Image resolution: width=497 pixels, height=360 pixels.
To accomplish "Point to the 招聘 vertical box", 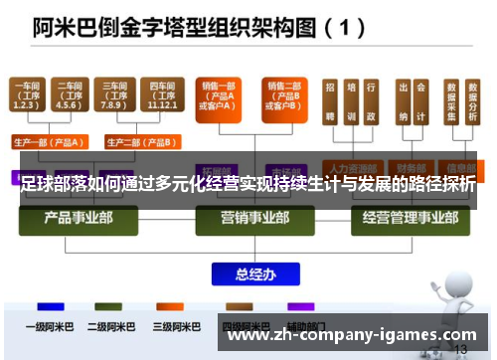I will tap(329, 102).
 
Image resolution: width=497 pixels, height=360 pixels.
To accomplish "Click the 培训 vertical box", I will tap(351, 102).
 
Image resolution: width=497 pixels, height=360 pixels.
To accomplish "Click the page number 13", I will tap(459, 350).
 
